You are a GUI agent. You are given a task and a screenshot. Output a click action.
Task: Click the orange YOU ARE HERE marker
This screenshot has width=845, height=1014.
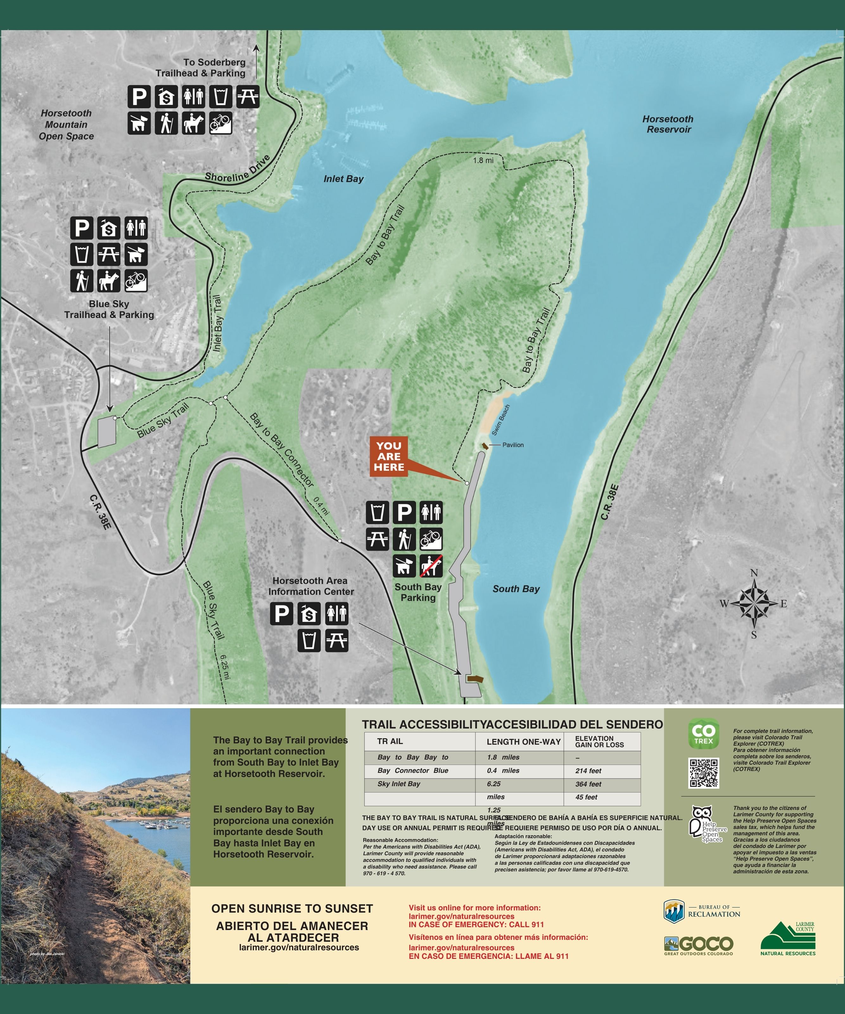[x=389, y=456]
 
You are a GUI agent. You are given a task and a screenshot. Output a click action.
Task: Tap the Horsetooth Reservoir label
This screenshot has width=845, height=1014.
[x=668, y=124]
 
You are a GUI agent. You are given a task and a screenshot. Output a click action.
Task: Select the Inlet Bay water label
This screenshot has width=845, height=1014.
[x=343, y=179]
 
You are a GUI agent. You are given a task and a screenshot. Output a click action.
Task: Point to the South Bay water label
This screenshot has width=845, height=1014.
[x=516, y=589]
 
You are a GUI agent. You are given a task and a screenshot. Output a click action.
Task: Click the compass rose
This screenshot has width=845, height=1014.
[x=754, y=604]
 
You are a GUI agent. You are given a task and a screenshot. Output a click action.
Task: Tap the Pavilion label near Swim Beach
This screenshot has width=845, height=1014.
[x=512, y=445]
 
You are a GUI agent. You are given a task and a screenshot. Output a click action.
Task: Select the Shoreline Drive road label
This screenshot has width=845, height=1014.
[x=238, y=169]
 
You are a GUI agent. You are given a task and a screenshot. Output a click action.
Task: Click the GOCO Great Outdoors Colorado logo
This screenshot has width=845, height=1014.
[x=699, y=945]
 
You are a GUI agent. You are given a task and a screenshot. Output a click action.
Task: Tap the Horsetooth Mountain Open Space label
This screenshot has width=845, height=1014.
[x=66, y=125]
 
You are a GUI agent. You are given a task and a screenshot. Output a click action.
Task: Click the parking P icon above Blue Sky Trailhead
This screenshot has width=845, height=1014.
[x=82, y=228]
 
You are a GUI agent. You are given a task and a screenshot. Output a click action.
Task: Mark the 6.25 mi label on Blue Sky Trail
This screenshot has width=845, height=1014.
[x=225, y=666]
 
